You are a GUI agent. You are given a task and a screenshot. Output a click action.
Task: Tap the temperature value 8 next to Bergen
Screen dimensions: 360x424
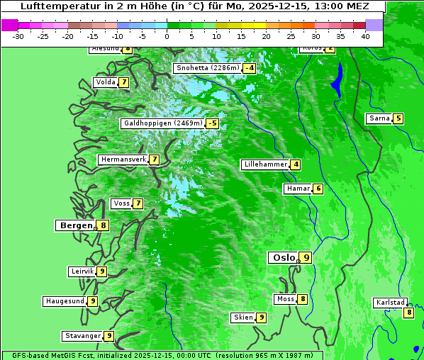pyautogui.click(x=104, y=225)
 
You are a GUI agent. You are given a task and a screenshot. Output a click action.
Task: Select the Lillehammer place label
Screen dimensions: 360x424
pyautogui.click(x=265, y=164)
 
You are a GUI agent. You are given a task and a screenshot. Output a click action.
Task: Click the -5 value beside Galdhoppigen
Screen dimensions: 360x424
pyautogui.click(x=212, y=123)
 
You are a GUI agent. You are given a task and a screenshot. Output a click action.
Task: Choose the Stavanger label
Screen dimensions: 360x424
pyautogui.click(x=82, y=336)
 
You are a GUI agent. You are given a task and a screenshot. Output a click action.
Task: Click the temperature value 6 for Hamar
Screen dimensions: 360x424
pyautogui.click(x=318, y=189)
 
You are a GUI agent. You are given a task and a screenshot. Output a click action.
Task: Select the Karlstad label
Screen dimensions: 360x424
pyautogui.click(x=390, y=303)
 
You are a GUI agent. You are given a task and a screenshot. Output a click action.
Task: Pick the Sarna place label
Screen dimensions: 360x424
pyautogui.click(x=379, y=118)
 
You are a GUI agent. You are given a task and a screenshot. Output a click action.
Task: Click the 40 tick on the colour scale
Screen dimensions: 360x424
pyautogui.click(x=365, y=35)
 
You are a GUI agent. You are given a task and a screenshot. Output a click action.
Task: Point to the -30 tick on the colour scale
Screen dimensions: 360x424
pyautogui.click(x=18, y=35)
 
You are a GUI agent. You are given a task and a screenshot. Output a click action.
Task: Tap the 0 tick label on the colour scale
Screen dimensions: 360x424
pyautogui.click(x=167, y=35)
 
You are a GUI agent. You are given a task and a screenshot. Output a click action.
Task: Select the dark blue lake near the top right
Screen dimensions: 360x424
pyautogui.click(x=337, y=79)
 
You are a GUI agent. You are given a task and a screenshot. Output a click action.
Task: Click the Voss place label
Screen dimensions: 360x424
pyautogui.click(x=121, y=203)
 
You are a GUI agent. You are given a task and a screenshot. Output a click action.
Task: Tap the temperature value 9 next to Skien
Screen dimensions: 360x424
pyautogui.click(x=261, y=317)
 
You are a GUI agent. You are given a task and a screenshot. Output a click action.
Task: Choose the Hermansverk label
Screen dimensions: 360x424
pyautogui.click(x=123, y=159)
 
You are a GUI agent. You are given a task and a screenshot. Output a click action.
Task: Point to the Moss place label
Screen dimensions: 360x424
pyautogui.click(x=285, y=299)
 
